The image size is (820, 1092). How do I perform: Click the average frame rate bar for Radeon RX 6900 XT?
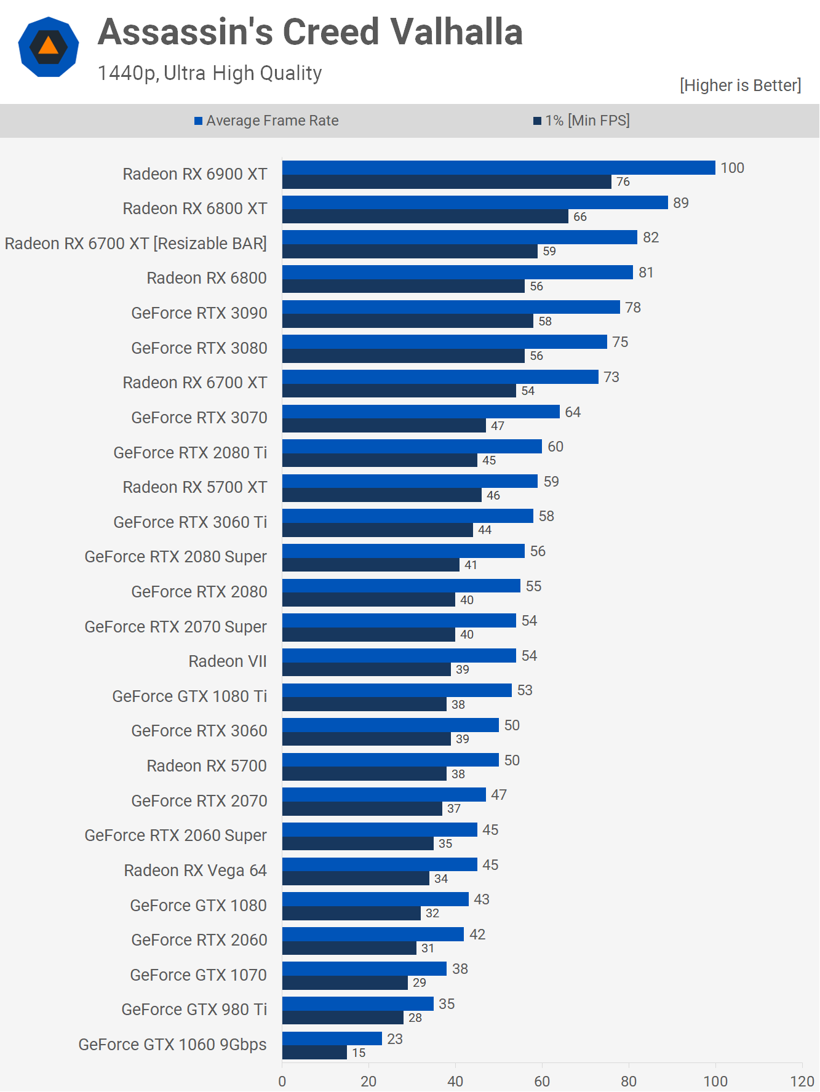click(498, 168)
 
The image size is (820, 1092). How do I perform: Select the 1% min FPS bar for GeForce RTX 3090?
click(407, 321)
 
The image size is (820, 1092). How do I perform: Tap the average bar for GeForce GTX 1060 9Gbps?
click(332, 1039)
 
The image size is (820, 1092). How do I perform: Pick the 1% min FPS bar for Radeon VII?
click(367, 669)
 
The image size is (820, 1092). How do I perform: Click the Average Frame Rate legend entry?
click(266, 121)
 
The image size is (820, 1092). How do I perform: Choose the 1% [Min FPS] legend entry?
click(581, 121)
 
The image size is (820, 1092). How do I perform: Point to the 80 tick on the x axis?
click(629, 1081)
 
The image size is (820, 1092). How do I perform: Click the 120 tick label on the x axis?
click(802, 1081)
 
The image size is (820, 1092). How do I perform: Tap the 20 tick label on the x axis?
click(368, 1081)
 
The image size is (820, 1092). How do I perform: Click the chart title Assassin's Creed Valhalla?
click(310, 32)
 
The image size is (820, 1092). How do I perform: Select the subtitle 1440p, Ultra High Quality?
click(210, 73)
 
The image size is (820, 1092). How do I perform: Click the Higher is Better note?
click(740, 86)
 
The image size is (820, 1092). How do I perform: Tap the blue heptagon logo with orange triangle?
click(49, 47)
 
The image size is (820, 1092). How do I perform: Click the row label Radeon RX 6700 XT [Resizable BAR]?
click(136, 244)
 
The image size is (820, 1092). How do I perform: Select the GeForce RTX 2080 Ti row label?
click(190, 453)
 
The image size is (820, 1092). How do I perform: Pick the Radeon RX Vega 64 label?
click(195, 871)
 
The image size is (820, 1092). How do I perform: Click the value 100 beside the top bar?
click(732, 168)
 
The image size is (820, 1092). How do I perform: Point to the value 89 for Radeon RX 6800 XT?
click(680, 203)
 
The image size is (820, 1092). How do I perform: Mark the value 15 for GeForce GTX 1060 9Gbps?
click(359, 1053)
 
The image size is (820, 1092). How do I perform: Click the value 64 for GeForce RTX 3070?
click(573, 412)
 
